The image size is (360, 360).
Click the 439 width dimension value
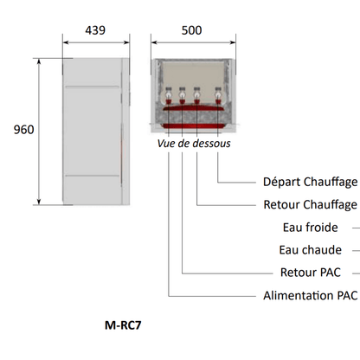point(95,30)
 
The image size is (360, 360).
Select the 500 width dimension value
point(191,30)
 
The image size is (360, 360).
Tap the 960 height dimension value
point(24,130)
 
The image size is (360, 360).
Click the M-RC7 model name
point(123,325)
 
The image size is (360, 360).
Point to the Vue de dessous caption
point(194,144)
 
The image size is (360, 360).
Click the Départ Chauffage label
point(311,182)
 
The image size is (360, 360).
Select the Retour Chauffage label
point(311,205)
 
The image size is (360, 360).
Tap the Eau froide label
point(311,228)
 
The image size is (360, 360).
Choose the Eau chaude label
point(311,250)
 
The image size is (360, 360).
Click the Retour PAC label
point(311,273)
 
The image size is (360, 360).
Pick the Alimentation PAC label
point(311,296)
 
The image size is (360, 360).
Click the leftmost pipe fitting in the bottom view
point(168,95)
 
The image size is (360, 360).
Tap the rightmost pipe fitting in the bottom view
point(218,95)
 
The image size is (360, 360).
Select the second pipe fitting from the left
point(182,95)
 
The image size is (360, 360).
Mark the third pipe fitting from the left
point(196,95)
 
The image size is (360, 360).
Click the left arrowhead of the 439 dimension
point(66,42)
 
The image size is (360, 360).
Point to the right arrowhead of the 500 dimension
point(233,42)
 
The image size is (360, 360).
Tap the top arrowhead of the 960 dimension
point(39,61)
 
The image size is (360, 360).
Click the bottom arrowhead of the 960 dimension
point(39,202)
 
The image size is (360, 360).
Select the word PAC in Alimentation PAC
point(348,296)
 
